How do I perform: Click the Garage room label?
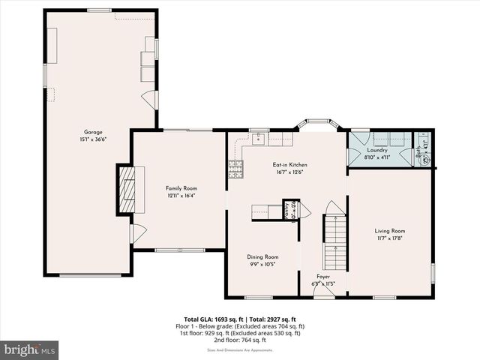pos(93,132)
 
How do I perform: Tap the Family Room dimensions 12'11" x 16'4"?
pos(179,196)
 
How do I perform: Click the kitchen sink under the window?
pos(259,138)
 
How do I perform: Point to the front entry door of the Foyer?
pos(323,296)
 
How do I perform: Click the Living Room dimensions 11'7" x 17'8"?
pos(389,238)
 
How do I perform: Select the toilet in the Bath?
pos(427,158)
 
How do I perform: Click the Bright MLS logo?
pos(30,349)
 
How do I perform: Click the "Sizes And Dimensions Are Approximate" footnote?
pos(240,349)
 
